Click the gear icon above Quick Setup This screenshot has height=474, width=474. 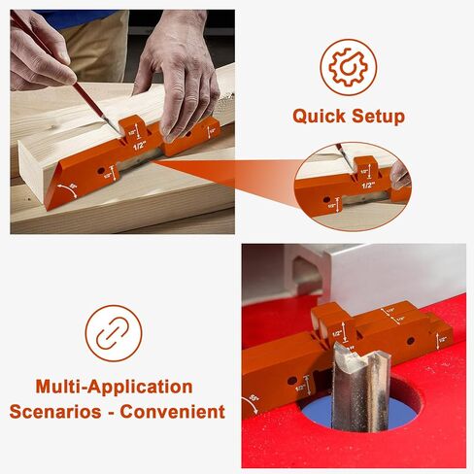point(349,68)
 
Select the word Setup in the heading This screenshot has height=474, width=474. point(377,117)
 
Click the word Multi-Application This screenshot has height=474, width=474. point(114,387)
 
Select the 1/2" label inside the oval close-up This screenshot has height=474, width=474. point(368,183)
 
